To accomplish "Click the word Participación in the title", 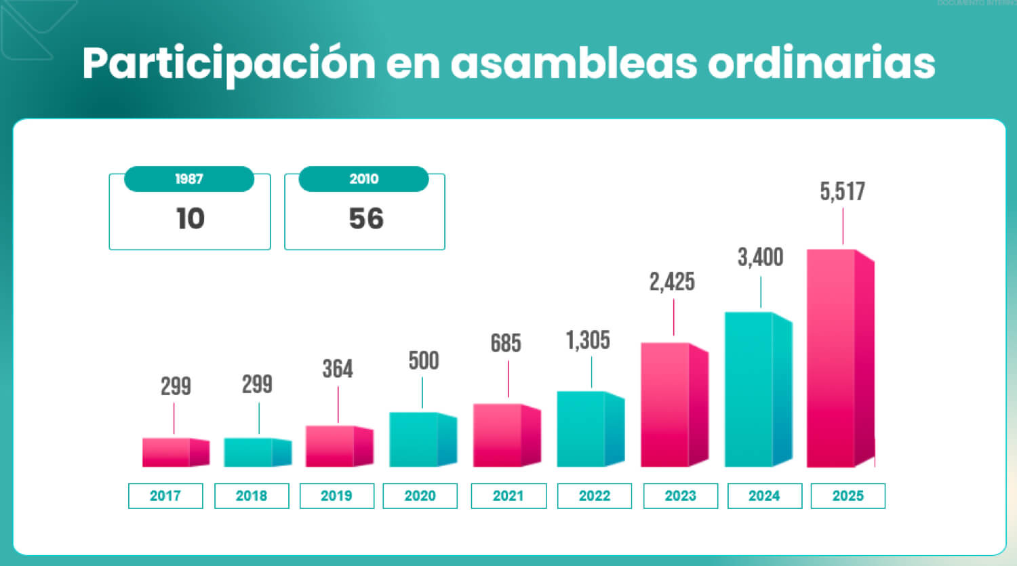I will (228, 64).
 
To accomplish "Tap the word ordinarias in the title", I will (821, 64).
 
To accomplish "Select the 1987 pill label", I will (189, 179).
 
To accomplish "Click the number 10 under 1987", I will (190, 219).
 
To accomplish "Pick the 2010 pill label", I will (364, 179).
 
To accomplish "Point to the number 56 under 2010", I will (366, 219).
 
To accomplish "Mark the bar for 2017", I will (171, 452).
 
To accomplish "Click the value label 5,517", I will (842, 192).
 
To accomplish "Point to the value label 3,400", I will (760, 258).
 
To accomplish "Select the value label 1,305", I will (588, 340).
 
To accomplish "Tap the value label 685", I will (506, 343).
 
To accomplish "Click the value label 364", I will (338, 369).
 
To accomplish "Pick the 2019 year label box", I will (336, 496).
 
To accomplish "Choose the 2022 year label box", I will (594, 496).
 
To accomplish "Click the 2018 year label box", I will (252, 496).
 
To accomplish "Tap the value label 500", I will (423, 361).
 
